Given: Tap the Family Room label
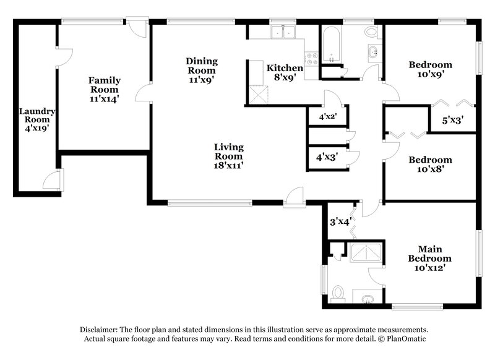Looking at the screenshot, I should point(104,88).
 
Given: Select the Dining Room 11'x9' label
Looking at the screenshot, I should point(202,69).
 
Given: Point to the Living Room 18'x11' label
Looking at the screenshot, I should point(228,156).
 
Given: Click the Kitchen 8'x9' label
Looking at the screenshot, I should point(285,72).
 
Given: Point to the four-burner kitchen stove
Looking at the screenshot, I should point(312,58).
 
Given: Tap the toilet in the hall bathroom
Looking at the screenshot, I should point(372,32).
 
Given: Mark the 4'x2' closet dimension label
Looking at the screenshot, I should point(327,116).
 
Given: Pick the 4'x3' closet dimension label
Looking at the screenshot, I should point(327,157).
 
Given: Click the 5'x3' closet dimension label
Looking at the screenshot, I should point(453,120).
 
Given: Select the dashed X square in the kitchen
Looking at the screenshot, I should point(258,95).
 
